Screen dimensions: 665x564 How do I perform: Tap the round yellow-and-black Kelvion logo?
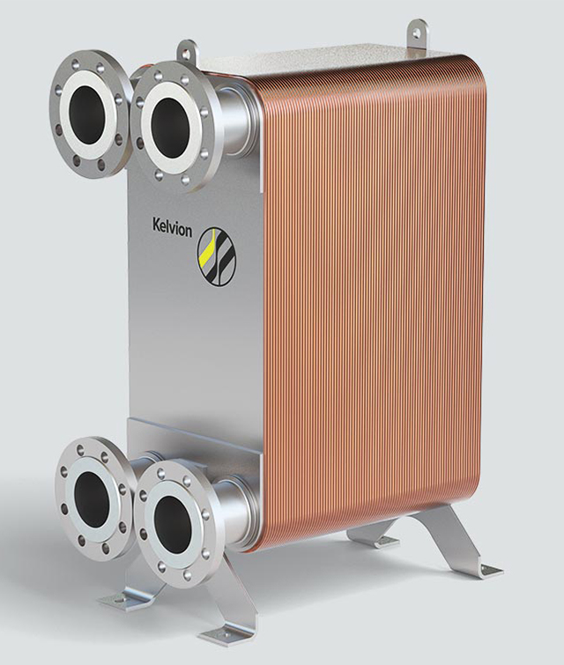[x=216, y=256]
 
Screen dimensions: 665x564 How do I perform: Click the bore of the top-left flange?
[x=86, y=114]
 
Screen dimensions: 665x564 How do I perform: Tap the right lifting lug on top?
[x=417, y=33]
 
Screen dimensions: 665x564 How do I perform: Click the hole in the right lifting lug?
[x=416, y=32]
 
